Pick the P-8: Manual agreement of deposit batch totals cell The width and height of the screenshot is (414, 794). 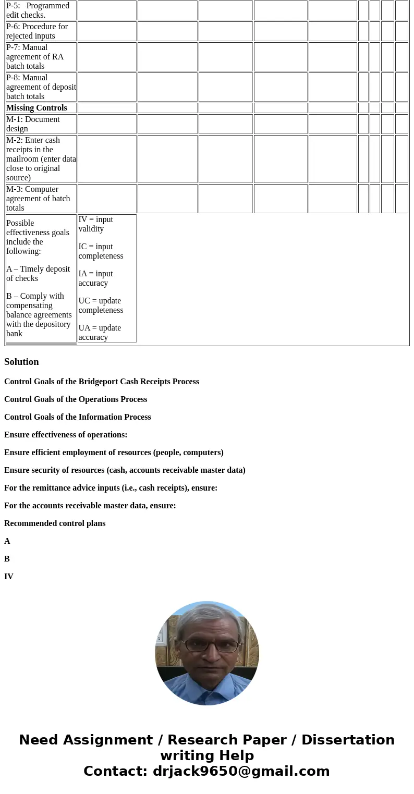[x=41, y=87]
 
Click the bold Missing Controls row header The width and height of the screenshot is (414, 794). [x=36, y=108]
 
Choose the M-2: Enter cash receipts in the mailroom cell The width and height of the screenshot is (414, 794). [x=41, y=159]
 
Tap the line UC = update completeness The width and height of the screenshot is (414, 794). [x=101, y=306]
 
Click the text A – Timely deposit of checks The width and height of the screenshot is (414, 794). [x=38, y=274]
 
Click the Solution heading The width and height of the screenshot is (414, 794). [x=21, y=362]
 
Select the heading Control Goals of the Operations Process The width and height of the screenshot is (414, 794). [x=76, y=399]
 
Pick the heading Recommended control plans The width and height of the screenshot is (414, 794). [x=55, y=523]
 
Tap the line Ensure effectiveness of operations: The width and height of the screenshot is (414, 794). [x=66, y=435]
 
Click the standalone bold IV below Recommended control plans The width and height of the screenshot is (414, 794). [x=9, y=577]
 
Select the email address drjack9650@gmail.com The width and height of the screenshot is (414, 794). [x=241, y=772]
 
